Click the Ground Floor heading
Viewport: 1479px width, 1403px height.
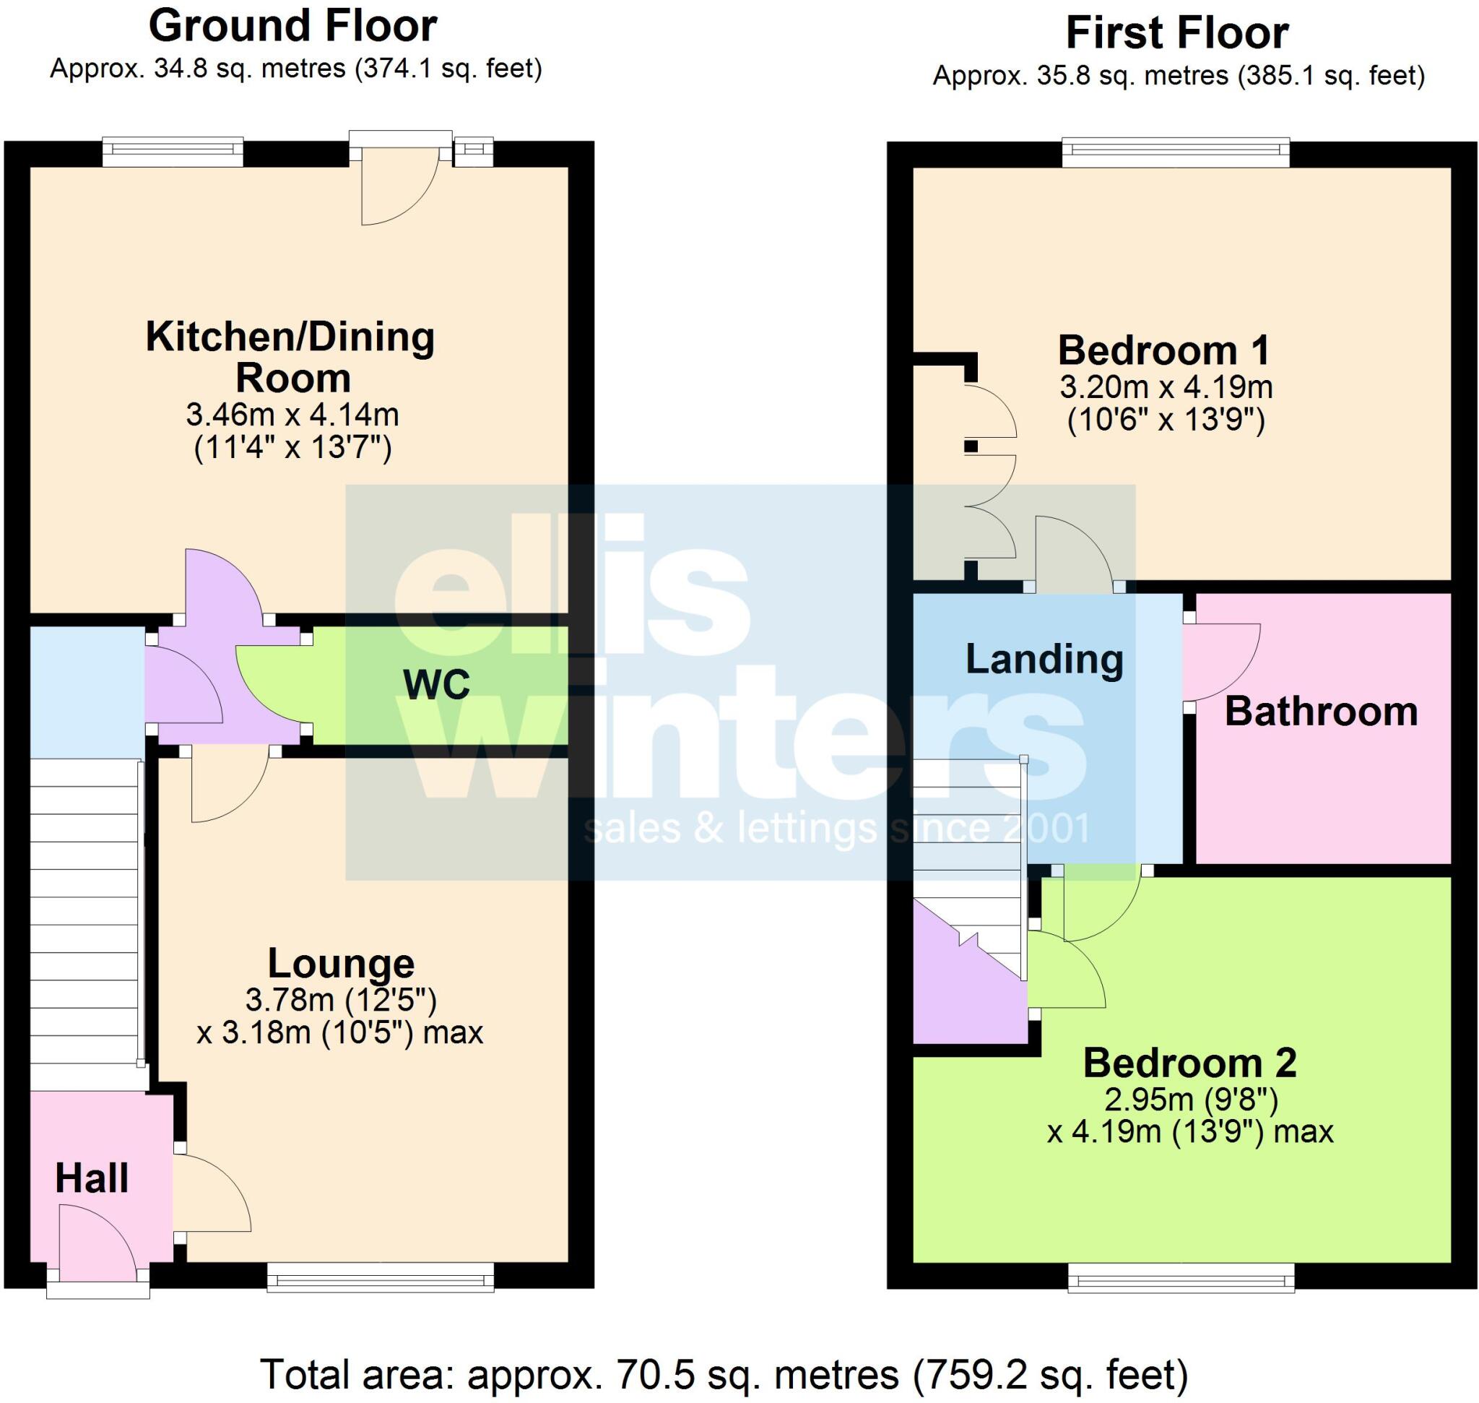pos(292,27)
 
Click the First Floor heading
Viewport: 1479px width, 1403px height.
pos(1177,34)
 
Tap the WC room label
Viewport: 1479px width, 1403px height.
pos(436,684)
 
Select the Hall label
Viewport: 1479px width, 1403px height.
pos(92,1178)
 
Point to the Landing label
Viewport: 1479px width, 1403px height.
pos(1044,660)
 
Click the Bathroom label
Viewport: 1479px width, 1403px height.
pos(1320,712)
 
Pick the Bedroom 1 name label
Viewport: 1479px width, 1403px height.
pos(1164,350)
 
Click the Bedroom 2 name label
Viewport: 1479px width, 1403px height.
pos(1189,1063)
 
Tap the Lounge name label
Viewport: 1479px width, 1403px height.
pos(341,963)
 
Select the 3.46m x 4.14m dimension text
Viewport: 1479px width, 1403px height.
pos(292,413)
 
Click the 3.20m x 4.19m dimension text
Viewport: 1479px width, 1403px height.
pos(1166,387)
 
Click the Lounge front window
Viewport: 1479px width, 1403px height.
pos(381,1277)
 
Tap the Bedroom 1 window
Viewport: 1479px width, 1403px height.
pos(1176,153)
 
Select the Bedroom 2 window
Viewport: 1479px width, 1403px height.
pos(1181,1278)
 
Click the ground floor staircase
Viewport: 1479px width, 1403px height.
pos(84,923)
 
